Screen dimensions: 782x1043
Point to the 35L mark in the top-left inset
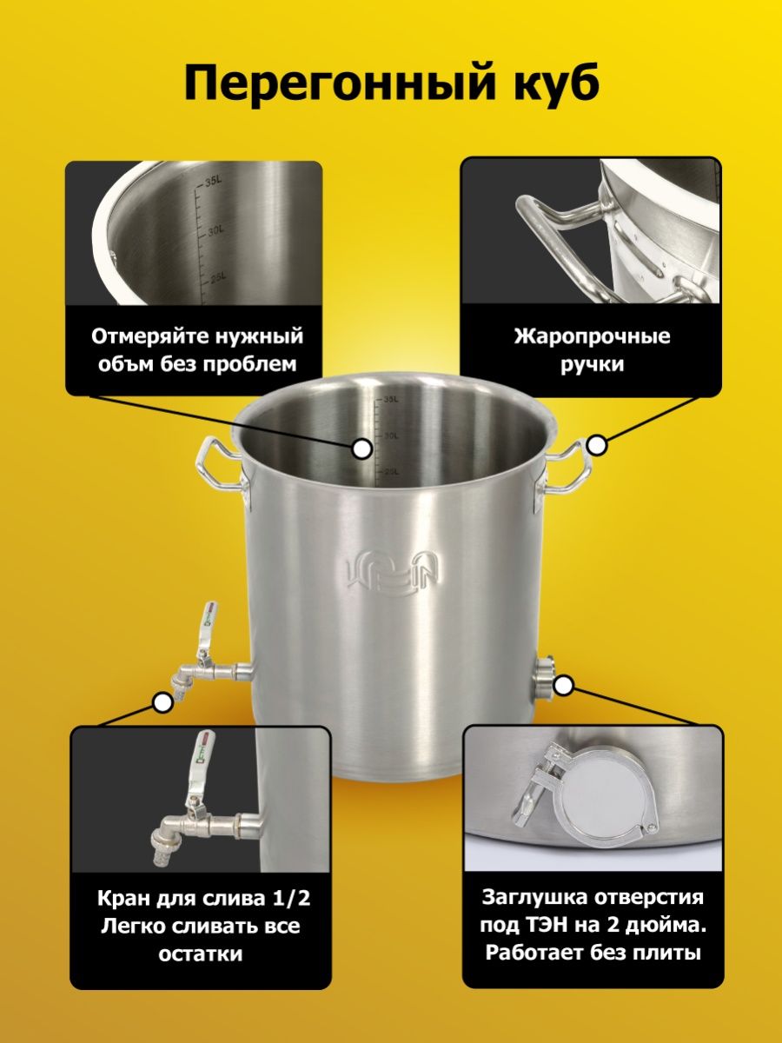pos(213,182)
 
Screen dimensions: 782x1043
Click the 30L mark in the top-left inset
pos(216,231)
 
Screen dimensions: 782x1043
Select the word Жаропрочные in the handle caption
pos(592,337)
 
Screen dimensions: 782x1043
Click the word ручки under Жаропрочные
pos(592,365)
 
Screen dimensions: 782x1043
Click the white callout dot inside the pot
pos(362,448)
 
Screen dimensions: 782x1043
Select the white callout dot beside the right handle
pos(597,446)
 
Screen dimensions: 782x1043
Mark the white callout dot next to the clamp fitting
pos(564,686)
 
